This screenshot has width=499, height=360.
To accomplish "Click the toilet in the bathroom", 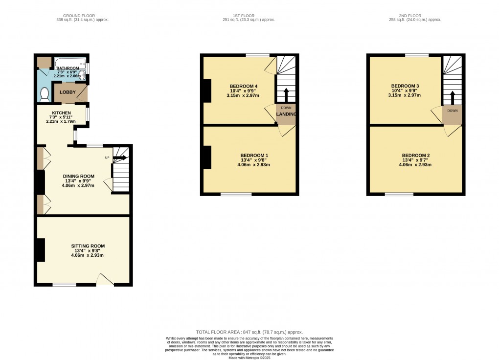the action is (x=45, y=95).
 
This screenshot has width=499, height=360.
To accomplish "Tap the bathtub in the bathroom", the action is (x=70, y=63).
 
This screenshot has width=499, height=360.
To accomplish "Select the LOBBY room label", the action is (x=68, y=92).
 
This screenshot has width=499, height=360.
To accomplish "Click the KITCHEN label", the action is (x=62, y=113).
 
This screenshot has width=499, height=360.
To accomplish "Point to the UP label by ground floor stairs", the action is (x=107, y=158).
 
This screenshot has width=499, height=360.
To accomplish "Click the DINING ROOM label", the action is (x=79, y=177).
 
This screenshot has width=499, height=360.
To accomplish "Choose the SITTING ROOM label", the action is (x=88, y=246).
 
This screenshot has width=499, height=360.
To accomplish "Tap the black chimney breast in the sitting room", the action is (x=41, y=250).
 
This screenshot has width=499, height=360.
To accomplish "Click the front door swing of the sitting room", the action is (x=105, y=279).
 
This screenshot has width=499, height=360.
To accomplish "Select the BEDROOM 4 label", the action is (x=244, y=86).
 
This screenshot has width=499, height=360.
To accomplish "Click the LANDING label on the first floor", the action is (x=286, y=114).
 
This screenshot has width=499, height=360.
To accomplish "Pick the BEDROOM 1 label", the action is (x=254, y=156).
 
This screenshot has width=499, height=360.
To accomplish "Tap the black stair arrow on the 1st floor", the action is (x=286, y=95).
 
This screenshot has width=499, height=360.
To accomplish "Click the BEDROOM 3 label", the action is (x=405, y=86).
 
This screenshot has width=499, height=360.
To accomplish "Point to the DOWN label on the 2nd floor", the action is (x=453, y=111).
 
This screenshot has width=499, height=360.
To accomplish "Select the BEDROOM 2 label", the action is (x=416, y=156).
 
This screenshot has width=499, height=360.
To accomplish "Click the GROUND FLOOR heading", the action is (x=79, y=16).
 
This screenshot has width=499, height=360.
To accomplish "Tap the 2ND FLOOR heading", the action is (x=410, y=16).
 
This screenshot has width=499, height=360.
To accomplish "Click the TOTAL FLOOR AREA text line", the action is (x=249, y=332).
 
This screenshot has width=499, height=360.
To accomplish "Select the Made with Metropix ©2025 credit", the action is (x=249, y=358).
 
